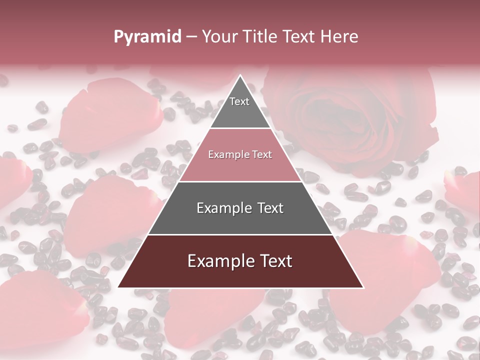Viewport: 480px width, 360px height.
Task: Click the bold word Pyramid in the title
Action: [147, 37]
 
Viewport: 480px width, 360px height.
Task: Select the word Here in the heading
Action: [339, 36]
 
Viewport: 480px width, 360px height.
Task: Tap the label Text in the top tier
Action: [239, 101]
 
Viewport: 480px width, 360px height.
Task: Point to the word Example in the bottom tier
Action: [218, 261]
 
